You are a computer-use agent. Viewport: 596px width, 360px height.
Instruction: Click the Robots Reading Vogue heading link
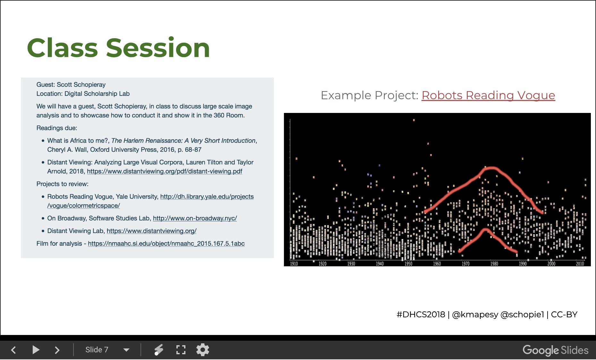488,95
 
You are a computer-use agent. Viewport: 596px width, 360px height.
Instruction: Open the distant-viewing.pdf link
165,171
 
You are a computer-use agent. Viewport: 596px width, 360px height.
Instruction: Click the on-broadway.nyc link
195,218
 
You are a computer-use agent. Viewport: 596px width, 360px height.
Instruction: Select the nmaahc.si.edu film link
166,244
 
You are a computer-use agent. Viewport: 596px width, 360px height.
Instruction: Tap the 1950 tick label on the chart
408,264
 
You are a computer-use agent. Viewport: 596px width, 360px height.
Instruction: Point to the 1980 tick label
494,264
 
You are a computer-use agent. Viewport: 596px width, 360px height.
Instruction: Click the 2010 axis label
580,264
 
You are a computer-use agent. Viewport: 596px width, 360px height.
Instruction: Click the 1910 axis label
294,264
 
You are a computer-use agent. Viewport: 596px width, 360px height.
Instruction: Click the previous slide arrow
13,350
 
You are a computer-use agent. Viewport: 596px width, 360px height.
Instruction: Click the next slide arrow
57,350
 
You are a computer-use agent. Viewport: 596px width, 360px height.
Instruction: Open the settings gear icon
203,350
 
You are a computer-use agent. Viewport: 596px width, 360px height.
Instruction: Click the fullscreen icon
181,350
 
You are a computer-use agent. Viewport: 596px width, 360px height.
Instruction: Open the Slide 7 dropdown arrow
126,350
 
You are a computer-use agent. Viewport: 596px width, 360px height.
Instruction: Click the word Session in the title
158,48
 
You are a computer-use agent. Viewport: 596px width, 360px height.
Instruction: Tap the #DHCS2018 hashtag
421,314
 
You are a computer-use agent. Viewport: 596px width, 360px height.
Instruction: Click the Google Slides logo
555,350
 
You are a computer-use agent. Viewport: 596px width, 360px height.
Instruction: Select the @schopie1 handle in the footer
522,314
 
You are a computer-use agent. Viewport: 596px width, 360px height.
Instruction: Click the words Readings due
57,128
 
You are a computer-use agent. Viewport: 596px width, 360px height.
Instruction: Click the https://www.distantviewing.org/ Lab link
152,231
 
